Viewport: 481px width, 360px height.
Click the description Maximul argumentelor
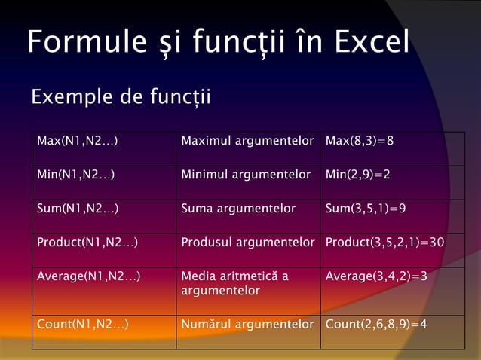click(247, 141)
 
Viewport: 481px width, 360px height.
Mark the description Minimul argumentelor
click(246, 175)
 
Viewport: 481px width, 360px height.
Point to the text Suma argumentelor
click(238, 209)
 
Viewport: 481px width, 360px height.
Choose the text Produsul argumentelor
click(247, 243)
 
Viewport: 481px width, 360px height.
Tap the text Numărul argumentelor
click(247, 325)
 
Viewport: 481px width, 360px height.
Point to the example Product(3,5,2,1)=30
click(384, 243)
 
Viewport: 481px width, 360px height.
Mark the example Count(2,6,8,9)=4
click(376, 325)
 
